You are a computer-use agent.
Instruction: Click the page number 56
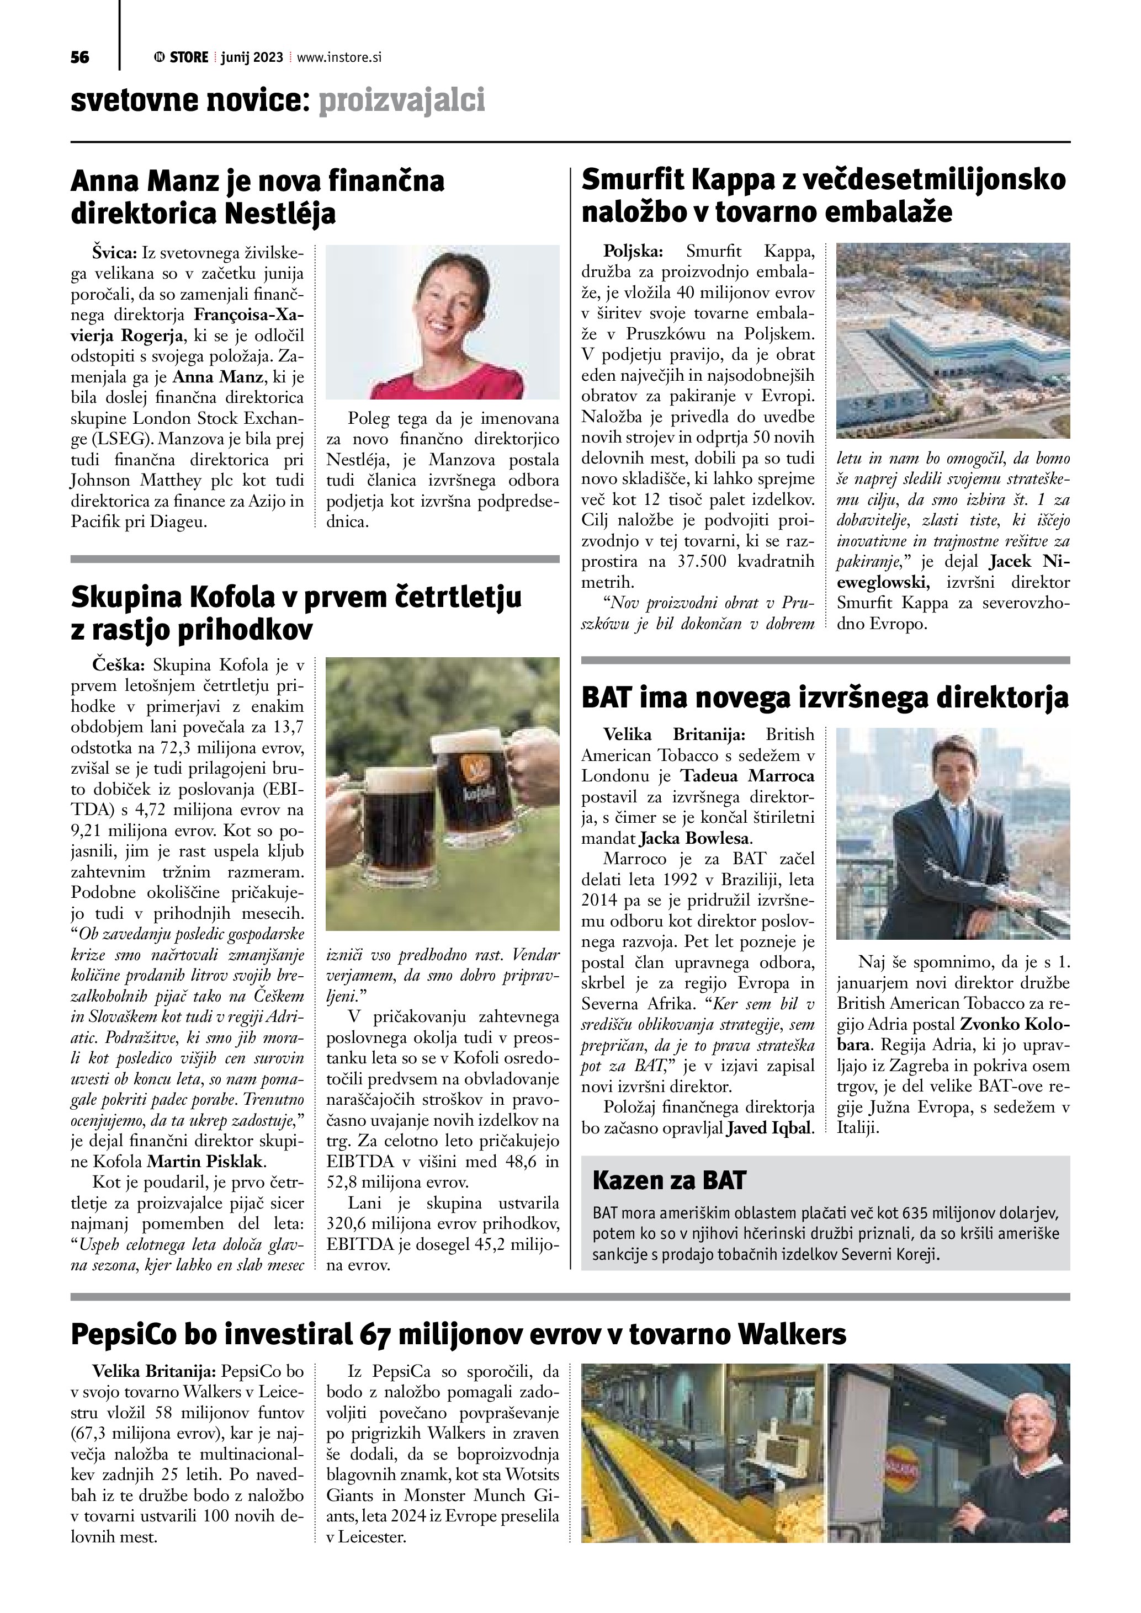pyautogui.click(x=79, y=57)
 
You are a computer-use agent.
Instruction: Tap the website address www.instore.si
pyautogui.click(x=338, y=57)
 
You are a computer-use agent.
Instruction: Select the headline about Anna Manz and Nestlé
pyautogui.click(x=257, y=198)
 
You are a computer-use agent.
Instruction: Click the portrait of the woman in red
pyautogui.click(x=443, y=322)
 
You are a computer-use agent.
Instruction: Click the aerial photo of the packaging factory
pyautogui.click(x=953, y=340)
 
